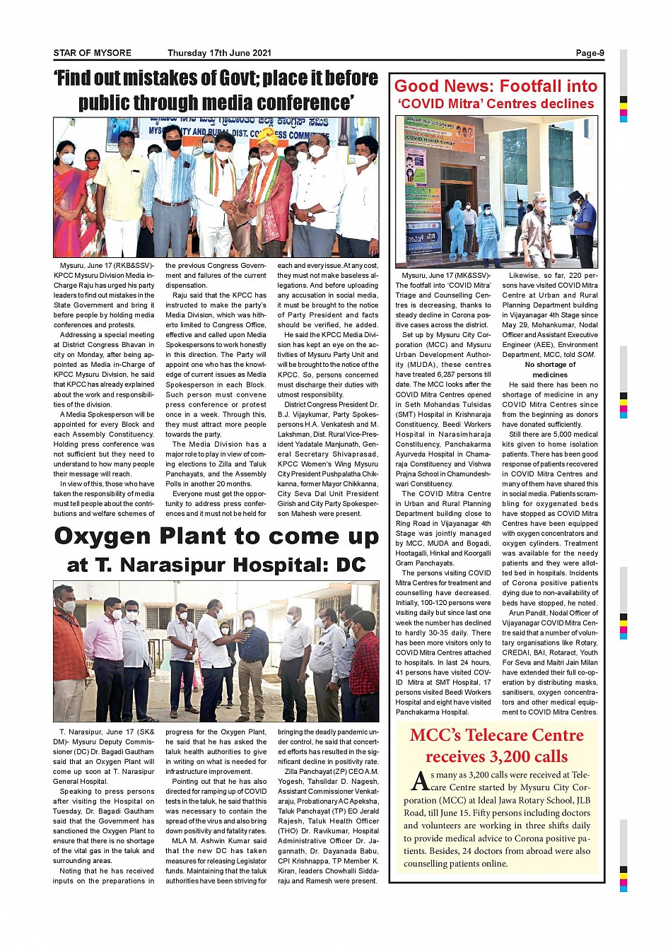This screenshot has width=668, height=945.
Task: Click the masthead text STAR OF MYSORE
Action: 92,53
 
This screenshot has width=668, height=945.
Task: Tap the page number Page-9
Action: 590,53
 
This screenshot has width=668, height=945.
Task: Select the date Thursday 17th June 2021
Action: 219,53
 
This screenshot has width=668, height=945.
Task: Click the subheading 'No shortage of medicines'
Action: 550,370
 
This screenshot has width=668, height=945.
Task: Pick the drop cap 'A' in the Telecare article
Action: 420,781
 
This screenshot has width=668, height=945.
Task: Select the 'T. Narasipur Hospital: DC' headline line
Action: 216,565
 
